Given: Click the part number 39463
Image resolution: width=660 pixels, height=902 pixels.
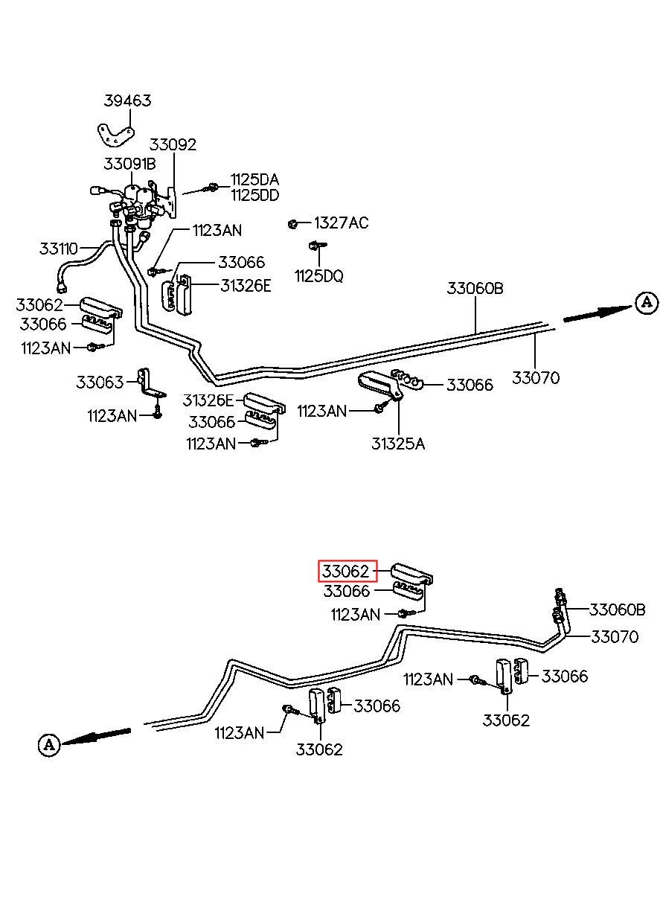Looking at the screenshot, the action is [x=127, y=100].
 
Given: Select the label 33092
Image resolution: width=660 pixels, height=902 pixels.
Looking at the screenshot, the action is [x=173, y=144].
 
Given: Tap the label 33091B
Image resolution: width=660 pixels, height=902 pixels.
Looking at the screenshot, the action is [x=129, y=164].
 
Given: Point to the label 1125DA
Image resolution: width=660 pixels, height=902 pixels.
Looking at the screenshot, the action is [x=255, y=179].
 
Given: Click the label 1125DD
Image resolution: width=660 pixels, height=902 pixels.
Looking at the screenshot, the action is [x=255, y=195].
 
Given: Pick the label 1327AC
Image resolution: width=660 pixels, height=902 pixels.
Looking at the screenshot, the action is [x=341, y=223].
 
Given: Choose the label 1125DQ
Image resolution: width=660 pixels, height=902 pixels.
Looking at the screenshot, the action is [x=318, y=276].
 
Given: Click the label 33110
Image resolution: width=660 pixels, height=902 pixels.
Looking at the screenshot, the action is [x=58, y=249].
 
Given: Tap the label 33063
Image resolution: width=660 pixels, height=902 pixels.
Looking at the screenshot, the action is [x=100, y=382].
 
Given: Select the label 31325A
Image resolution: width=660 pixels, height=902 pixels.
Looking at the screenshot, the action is [x=398, y=444].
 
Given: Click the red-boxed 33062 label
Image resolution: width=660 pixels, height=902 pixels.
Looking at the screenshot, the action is [x=347, y=572].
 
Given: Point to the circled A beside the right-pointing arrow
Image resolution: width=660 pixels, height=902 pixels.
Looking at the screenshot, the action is [x=647, y=303].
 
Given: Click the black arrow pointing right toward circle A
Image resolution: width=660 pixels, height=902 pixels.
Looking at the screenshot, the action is [x=597, y=314].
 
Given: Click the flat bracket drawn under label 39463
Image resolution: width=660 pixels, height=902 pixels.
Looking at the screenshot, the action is [x=115, y=136].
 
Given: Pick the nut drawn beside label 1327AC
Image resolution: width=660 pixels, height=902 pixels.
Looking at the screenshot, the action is [x=292, y=224].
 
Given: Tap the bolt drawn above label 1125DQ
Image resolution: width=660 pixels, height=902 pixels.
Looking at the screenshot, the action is [x=316, y=245].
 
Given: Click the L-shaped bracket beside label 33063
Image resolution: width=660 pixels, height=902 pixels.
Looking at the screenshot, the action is [x=150, y=383].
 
